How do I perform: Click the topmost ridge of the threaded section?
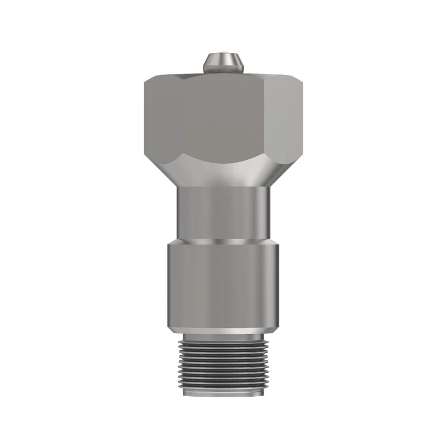[223, 343]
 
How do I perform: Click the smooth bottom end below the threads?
[223, 392]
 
